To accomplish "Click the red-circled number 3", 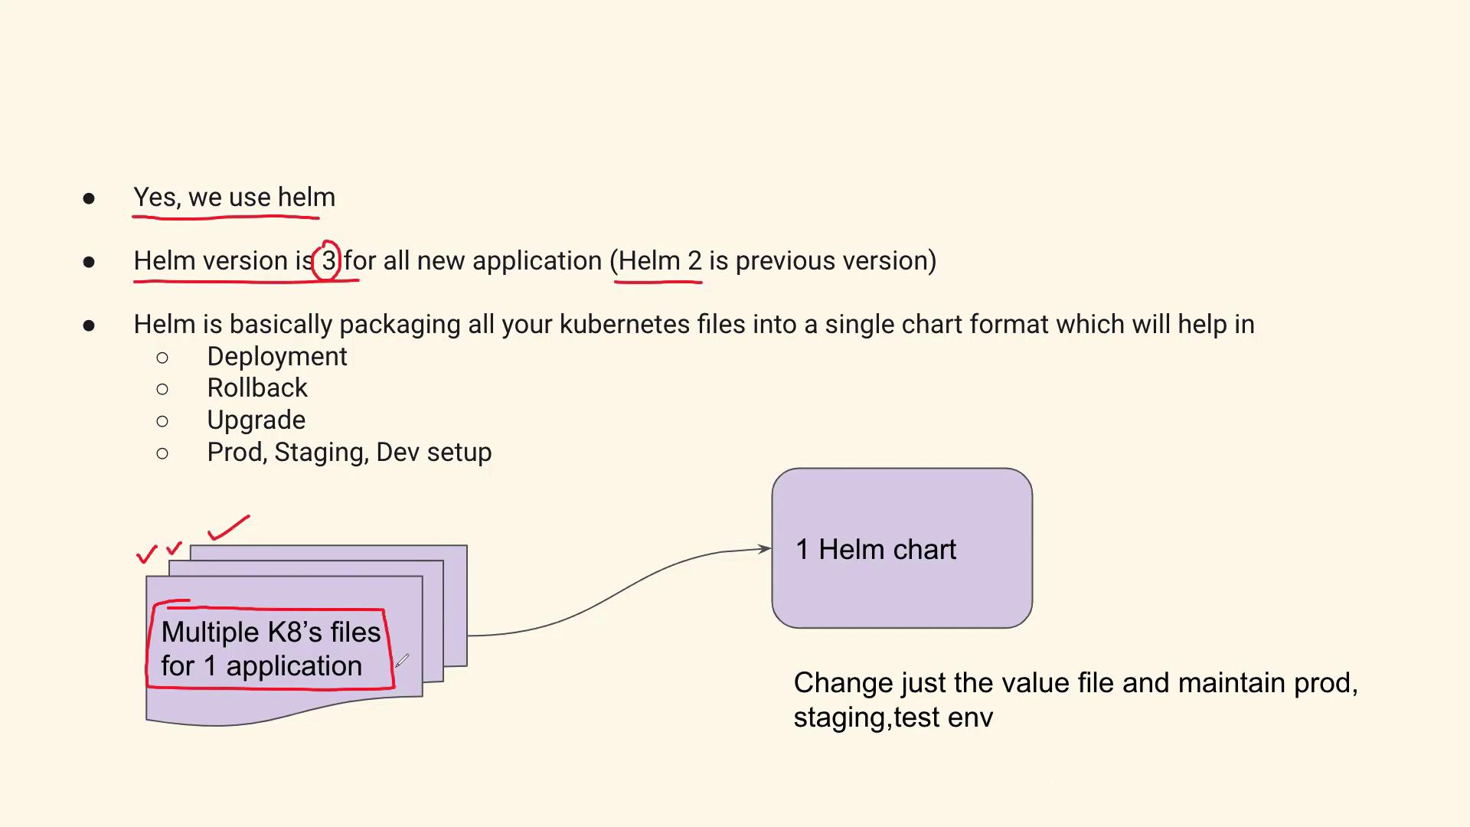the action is pos(328,260).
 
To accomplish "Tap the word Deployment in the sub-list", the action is pos(276,357).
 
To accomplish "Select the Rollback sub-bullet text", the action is pos(257,388).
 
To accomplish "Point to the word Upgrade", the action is pos(256,420).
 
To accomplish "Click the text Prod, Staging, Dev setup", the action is pos(349,453).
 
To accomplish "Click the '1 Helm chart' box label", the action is pos(876,549).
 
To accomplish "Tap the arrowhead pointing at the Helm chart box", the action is pos(764,548).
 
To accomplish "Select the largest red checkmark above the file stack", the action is pos(228,528).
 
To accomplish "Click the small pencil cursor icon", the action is pos(402,660).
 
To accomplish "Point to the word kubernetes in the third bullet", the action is pos(624,324).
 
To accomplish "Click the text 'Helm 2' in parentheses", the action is pos(659,260).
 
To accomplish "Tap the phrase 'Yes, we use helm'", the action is pos(234,198).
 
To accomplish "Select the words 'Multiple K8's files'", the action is pos(271,632).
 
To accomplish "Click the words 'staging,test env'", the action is pos(893,717).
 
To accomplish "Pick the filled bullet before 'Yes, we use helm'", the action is pos(89,199).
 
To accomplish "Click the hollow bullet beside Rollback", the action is pos(162,389).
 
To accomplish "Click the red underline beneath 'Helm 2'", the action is pos(658,282).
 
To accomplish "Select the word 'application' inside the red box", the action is pos(294,666).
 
